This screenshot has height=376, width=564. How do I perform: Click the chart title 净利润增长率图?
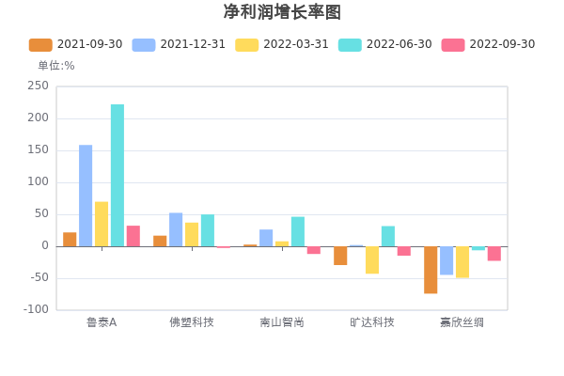(x=282, y=12)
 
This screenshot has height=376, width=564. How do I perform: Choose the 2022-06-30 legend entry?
(x=385, y=44)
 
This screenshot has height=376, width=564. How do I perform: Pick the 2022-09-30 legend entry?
(x=489, y=44)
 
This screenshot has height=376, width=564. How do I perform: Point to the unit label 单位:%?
(x=55, y=66)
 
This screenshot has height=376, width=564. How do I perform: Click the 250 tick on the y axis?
(x=39, y=86)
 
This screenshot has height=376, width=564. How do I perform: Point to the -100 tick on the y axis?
(x=37, y=309)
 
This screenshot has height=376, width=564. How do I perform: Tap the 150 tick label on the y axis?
(x=39, y=149)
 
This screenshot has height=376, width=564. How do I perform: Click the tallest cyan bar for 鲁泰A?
(x=117, y=175)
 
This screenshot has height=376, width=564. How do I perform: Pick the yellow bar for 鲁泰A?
(x=102, y=224)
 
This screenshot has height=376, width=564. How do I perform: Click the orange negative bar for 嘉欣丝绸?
(x=431, y=270)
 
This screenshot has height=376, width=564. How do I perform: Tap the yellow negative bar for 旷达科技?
(x=372, y=260)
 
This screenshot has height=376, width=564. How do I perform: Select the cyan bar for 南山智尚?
(x=297, y=231)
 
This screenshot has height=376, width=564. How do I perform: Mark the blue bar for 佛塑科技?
(x=176, y=229)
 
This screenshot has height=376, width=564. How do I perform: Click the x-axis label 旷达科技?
(x=372, y=322)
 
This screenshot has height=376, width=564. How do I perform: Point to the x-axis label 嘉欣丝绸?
(x=462, y=322)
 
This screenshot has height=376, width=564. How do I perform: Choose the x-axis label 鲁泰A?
(x=102, y=322)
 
